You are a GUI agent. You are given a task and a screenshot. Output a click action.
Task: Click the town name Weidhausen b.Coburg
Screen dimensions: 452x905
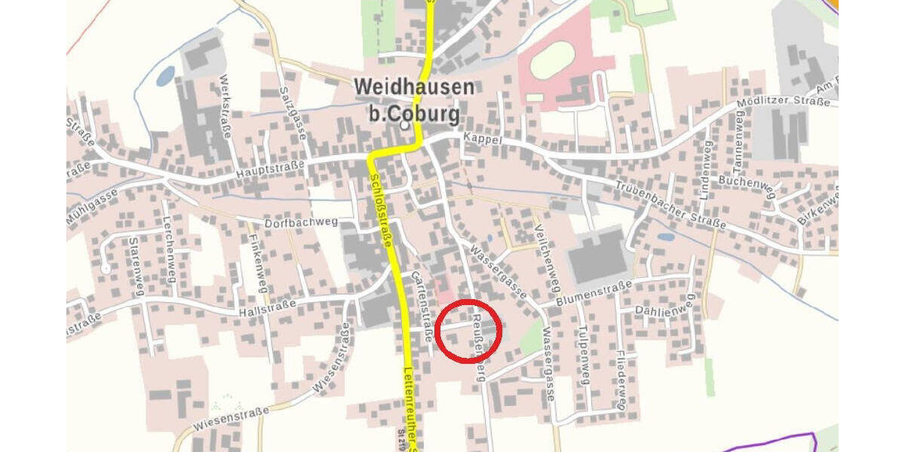(x=414, y=100)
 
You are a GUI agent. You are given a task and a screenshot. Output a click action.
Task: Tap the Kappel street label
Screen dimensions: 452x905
(x=483, y=139)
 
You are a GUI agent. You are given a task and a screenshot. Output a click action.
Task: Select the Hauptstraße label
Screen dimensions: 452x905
(x=270, y=167)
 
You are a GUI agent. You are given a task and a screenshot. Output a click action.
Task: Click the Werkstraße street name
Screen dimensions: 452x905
(x=225, y=107)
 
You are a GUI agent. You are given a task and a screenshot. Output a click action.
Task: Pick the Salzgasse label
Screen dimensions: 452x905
(x=292, y=109)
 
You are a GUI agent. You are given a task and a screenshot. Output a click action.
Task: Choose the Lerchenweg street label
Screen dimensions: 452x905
(x=169, y=249)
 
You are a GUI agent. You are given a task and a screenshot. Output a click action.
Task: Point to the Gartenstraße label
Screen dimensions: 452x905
(x=421, y=307)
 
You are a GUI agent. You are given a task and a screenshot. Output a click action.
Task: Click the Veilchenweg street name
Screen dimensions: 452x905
(x=548, y=259)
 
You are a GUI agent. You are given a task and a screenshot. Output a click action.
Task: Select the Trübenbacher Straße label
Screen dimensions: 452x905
(x=670, y=206)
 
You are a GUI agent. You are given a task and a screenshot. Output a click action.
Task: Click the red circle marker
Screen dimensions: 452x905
(x=469, y=331)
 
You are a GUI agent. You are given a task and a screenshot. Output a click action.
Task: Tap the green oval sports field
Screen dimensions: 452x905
(x=554, y=60)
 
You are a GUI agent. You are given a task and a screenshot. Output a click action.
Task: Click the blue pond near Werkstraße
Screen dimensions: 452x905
(x=165, y=75)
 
